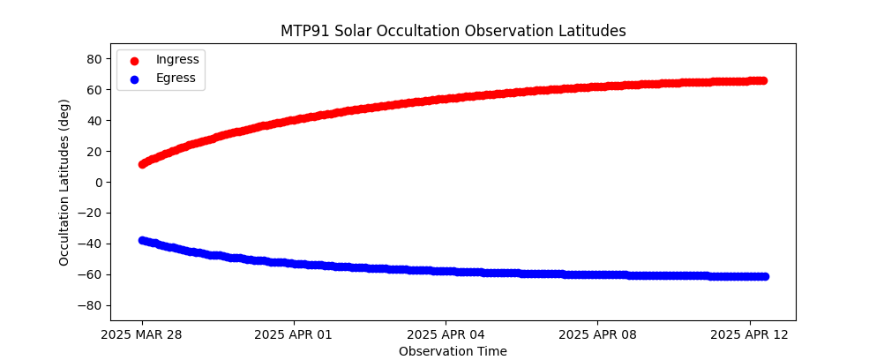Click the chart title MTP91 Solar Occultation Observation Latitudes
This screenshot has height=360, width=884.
[x=453, y=31]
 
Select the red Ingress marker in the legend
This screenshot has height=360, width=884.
[x=134, y=61]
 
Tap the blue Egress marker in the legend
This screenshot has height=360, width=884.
[x=134, y=79]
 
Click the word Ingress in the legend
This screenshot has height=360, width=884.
[x=177, y=60]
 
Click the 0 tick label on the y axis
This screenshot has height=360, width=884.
[x=97, y=183]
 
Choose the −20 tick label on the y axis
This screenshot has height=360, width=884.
[x=90, y=214]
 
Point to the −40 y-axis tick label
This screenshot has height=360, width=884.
[x=90, y=244]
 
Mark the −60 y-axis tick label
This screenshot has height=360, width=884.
[x=90, y=275]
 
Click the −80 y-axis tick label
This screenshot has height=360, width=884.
[x=90, y=306]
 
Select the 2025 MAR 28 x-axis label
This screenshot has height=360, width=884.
[x=141, y=335]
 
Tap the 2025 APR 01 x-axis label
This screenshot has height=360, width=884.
[x=293, y=335]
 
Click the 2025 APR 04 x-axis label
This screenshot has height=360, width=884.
[x=446, y=335]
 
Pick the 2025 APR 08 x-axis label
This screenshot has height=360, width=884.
[x=597, y=335]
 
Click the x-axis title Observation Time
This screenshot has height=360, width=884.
[x=453, y=351]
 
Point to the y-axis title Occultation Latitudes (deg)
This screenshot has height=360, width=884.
[x=64, y=183]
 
